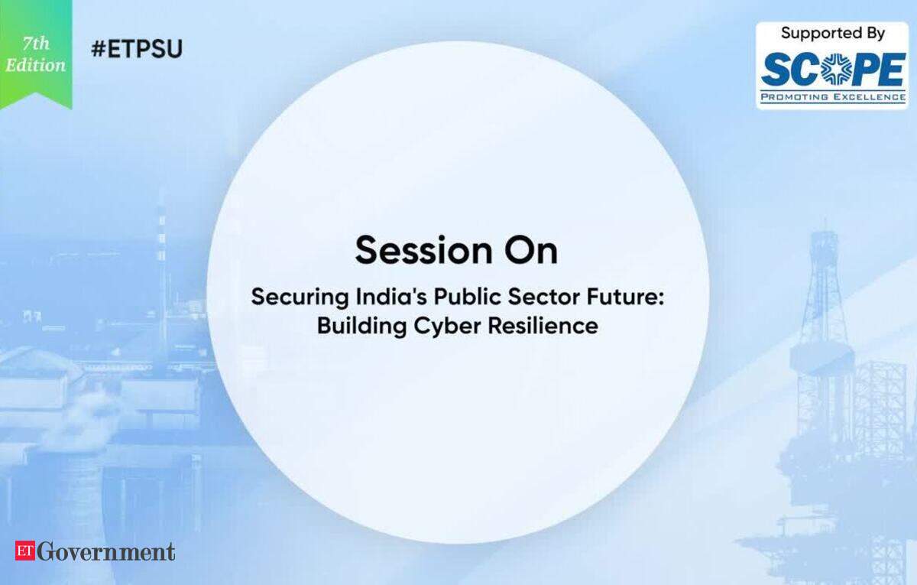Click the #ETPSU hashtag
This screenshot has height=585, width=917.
(137, 49)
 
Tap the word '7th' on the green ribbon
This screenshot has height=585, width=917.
(37, 43)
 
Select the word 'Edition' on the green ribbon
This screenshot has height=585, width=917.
(36, 65)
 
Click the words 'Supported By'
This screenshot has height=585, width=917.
(833, 33)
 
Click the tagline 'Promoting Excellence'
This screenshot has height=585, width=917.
(833, 97)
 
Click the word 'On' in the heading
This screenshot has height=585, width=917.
(531, 250)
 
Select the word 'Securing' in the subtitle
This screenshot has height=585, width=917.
(300, 297)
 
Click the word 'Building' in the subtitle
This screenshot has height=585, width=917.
(362, 327)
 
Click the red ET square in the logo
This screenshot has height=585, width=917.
(25, 551)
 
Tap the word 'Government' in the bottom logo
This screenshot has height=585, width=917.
(106, 551)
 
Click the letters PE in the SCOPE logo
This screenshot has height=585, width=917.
(876, 70)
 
